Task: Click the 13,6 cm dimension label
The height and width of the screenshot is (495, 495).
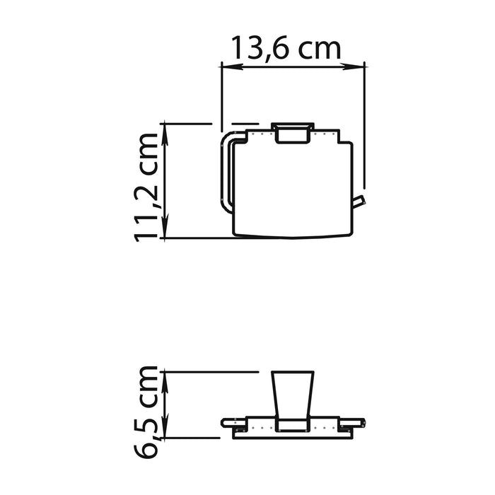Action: click(x=286, y=48)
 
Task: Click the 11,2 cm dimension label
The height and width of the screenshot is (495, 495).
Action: click(x=146, y=188)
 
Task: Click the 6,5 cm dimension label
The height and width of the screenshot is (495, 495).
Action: click(x=146, y=412)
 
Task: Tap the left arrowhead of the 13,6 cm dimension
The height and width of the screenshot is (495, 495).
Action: click(x=231, y=66)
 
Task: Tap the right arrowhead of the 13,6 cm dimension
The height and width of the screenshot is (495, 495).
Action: click(x=354, y=66)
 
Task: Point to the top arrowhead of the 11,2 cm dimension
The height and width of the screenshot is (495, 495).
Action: click(x=165, y=134)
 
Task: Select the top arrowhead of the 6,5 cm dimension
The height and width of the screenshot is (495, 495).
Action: click(x=165, y=383)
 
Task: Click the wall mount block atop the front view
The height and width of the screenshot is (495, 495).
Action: click(x=293, y=133)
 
